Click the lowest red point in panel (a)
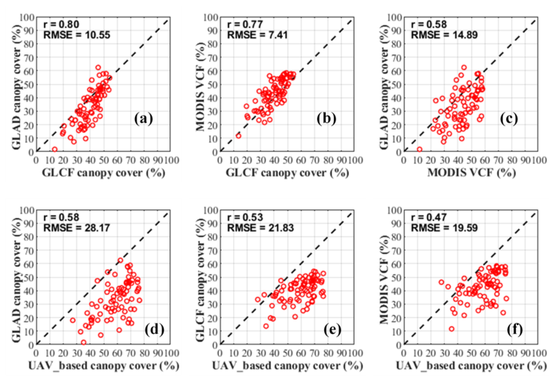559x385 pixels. coord(55,149)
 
